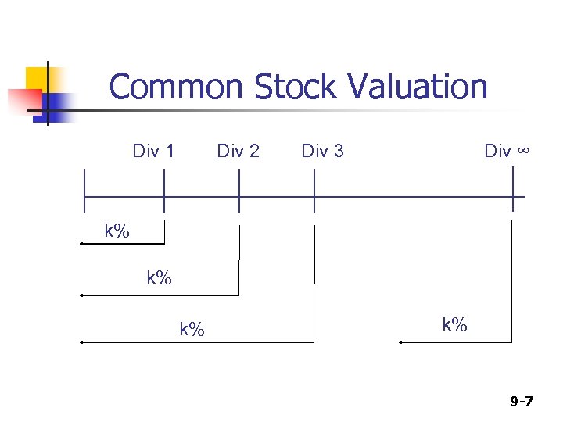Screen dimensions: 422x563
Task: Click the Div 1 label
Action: coord(153,151)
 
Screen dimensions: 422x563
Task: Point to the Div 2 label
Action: coord(238,151)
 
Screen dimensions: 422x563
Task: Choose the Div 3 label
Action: coord(322,151)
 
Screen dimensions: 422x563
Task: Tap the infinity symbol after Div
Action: coord(523,151)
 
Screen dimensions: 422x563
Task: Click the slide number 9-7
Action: coord(522,402)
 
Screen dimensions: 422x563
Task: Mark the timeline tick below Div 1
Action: coord(164,191)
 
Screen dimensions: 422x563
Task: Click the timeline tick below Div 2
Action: coord(239,191)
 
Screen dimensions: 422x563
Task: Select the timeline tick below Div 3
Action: coord(314,191)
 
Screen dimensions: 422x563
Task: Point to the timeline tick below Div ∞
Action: coord(513,191)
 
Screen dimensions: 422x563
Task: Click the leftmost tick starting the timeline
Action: coord(84,191)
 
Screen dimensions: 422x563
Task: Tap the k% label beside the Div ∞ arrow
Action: coord(454,324)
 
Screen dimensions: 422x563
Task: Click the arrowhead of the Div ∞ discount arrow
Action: coord(400,342)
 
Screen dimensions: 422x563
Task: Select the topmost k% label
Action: coord(117,231)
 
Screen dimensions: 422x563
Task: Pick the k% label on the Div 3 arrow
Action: coord(192,329)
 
